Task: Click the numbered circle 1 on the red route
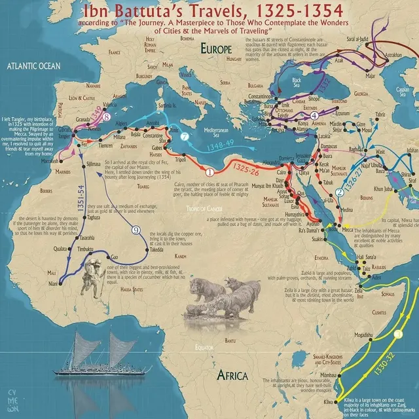click(x=209, y=173)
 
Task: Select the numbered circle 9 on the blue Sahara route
click(x=136, y=230)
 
